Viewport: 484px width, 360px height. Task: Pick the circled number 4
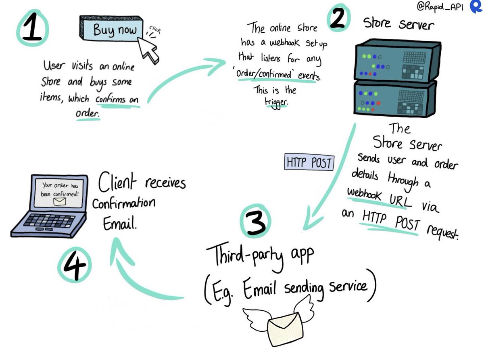click(x=74, y=264)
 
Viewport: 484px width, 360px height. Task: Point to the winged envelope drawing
click(x=275, y=323)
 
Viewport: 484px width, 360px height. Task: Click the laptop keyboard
click(x=49, y=221)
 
